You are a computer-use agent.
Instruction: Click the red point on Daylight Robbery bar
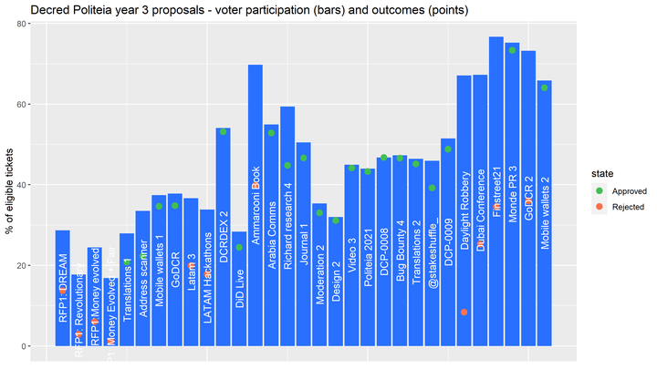click(x=464, y=313)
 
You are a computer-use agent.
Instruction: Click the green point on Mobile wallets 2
click(x=545, y=87)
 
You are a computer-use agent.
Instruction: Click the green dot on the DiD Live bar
click(x=239, y=247)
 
